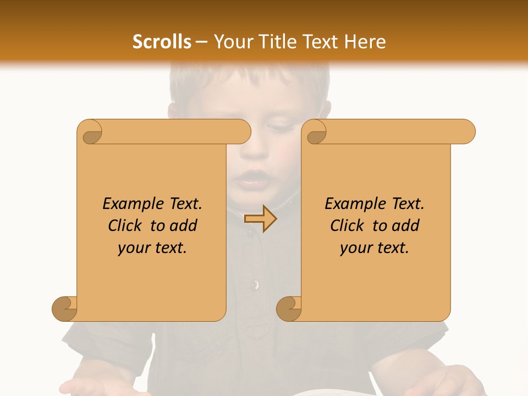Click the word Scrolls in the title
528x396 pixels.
162,42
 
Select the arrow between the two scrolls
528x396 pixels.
260,219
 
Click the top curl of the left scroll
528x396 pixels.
90,132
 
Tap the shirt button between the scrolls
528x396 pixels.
254,284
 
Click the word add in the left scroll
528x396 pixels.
184,226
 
